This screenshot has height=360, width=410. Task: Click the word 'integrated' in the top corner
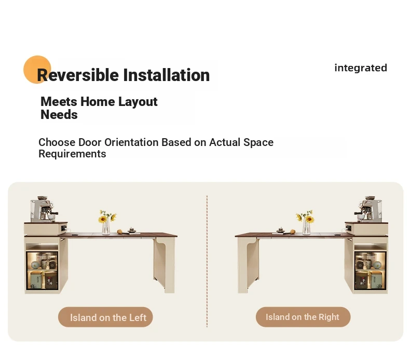pyautogui.click(x=361, y=68)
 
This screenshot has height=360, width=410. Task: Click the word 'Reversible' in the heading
pyautogui.click(x=78, y=75)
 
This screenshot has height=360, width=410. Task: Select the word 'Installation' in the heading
pyautogui.click(x=166, y=75)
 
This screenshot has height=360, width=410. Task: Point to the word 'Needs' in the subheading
pyautogui.click(x=59, y=115)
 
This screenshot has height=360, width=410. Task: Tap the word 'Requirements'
pyautogui.click(x=72, y=154)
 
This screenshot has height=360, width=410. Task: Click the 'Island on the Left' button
pyautogui.click(x=105, y=317)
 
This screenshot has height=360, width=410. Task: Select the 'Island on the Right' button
pyautogui.click(x=303, y=317)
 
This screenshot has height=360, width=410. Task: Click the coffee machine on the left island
pyautogui.click(x=43, y=209)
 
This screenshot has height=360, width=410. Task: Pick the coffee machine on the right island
pyautogui.click(x=368, y=209)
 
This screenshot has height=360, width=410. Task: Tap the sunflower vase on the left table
pyautogui.click(x=107, y=222)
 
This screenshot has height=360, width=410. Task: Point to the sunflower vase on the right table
pyautogui.click(x=305, y=222)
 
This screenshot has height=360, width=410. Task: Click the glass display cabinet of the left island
pyautogui.click(x=42, y=270)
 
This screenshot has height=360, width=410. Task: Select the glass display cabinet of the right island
pyautogui.click(x=370, y=270)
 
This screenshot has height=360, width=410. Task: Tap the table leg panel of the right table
pyautogui.click(x=249, y=264)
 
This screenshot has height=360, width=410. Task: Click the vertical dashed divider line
pyautogui.click(x=207, y=261)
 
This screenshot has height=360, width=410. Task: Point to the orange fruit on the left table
pyautogui.click(x=120, y=232)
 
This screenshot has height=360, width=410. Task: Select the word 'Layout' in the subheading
pyautogui.click(x=138, y=102)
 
